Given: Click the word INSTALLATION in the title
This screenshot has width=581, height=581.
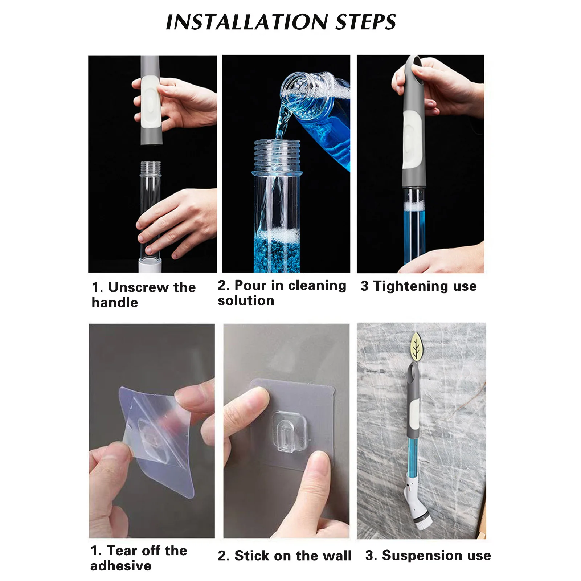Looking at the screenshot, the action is [x=246, y=22].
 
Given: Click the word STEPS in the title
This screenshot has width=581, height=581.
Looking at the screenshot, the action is [x=365, y=22].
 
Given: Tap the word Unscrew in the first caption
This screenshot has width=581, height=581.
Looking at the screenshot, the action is [x=138, y=287].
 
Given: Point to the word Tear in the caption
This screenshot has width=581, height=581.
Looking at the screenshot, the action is [x=124, y=551].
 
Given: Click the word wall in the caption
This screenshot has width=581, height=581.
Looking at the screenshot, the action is [x=337, y=556].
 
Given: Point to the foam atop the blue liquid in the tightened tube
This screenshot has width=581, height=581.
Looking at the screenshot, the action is [x=413, y=206].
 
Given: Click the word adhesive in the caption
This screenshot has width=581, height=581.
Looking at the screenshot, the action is [x=121, y=566].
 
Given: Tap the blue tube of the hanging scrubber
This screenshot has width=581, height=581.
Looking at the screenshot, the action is [x=413, y=458].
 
